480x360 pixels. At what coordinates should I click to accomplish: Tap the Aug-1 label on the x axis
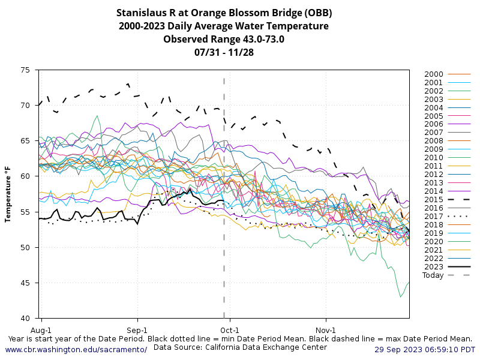41,330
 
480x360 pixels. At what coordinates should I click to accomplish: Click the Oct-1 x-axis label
230,330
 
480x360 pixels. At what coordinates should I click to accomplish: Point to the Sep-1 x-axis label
137,330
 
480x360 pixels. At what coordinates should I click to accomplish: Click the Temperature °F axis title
8,194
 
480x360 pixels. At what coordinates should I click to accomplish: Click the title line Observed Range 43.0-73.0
224,39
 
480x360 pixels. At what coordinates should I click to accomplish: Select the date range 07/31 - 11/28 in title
224,52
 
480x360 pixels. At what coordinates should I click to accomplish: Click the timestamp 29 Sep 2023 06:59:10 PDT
425,349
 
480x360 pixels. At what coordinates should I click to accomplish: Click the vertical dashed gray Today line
224,240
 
